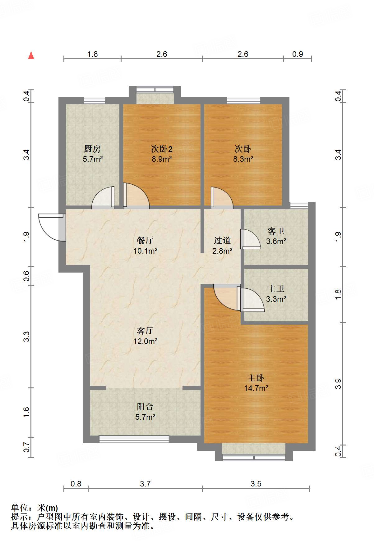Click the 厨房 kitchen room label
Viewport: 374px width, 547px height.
tap(92, 149)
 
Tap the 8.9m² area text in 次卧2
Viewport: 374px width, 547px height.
tap(162, 159)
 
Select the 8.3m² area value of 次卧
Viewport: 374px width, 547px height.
tap(243, 159)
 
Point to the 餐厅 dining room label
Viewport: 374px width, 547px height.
tap(145, 240)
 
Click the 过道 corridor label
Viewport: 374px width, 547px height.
tap(222, 240)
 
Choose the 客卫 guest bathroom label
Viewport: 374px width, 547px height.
tap(276, 231)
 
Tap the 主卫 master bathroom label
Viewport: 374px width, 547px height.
tap(276, 289)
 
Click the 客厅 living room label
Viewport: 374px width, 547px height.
tap(145, 331)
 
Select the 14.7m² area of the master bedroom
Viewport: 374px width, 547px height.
tap(256, 388)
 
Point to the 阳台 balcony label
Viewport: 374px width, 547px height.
tap(145, 406)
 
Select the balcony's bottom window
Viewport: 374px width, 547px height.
tap(134, 439)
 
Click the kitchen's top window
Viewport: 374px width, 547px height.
tap(95, 100)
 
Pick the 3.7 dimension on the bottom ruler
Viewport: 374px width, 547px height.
tap(145, 484)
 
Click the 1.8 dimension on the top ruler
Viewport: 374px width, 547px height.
tap(92, 54)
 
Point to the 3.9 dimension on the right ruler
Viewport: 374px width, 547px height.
tap(338, 384)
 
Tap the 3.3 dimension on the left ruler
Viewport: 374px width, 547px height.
tap(26, 337)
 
